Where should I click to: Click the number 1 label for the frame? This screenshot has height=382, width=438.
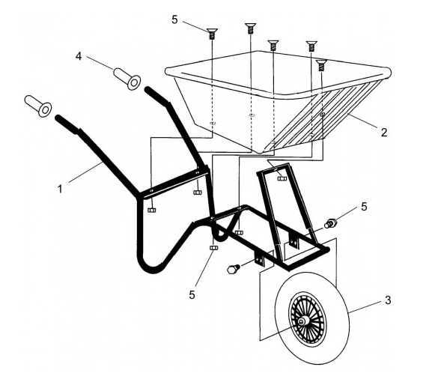pyautogui.click(x=60, y=190)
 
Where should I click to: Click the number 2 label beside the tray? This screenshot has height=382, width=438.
pyautogui.click(x=384, y=132)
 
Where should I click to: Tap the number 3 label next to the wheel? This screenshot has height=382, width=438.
pyautogui.click(x=388, y=300)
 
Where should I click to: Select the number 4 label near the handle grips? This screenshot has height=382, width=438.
pyautogui.click(x=79, y=56)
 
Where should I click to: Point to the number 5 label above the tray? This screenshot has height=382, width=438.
pyautogui.click(x=174, y=19)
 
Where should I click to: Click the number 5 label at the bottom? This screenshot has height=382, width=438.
pyautogui.click(x=192, y=295)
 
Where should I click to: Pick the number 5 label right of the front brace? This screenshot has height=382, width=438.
pyautogui.click(x=365, y=207)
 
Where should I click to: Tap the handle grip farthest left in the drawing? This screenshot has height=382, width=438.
pyautogui.click(x=38, y=106)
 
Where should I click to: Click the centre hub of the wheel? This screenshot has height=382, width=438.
pyautogui.click(x=301, y=321)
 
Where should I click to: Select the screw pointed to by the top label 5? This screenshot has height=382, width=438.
pyautogui.click(x=212, y=34)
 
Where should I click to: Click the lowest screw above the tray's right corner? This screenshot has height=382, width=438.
pyautogui.click(x=321, y=65)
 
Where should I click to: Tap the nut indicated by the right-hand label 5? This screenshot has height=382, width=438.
pyautogui.click(x=330, y=224)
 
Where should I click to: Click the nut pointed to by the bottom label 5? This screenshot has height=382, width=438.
pyautogui.click(x=213, y=248)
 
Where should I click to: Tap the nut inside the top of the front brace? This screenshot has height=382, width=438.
pyautogui.click(x=282, y=178)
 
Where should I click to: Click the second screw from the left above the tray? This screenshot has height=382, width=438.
pyautogui.click(x=251, y=28)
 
